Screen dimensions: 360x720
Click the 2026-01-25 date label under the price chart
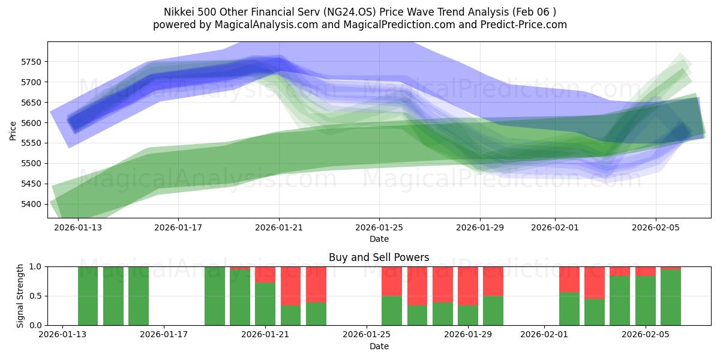379,229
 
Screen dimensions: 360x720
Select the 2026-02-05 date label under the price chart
655,229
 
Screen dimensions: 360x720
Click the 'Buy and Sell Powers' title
379,257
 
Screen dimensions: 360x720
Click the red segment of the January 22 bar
290,286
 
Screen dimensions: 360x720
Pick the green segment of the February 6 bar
671,298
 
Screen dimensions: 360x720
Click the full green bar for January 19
214,296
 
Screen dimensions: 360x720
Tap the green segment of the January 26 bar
392,310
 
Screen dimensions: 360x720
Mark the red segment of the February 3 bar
595,283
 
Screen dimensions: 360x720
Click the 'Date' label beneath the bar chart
379,346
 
